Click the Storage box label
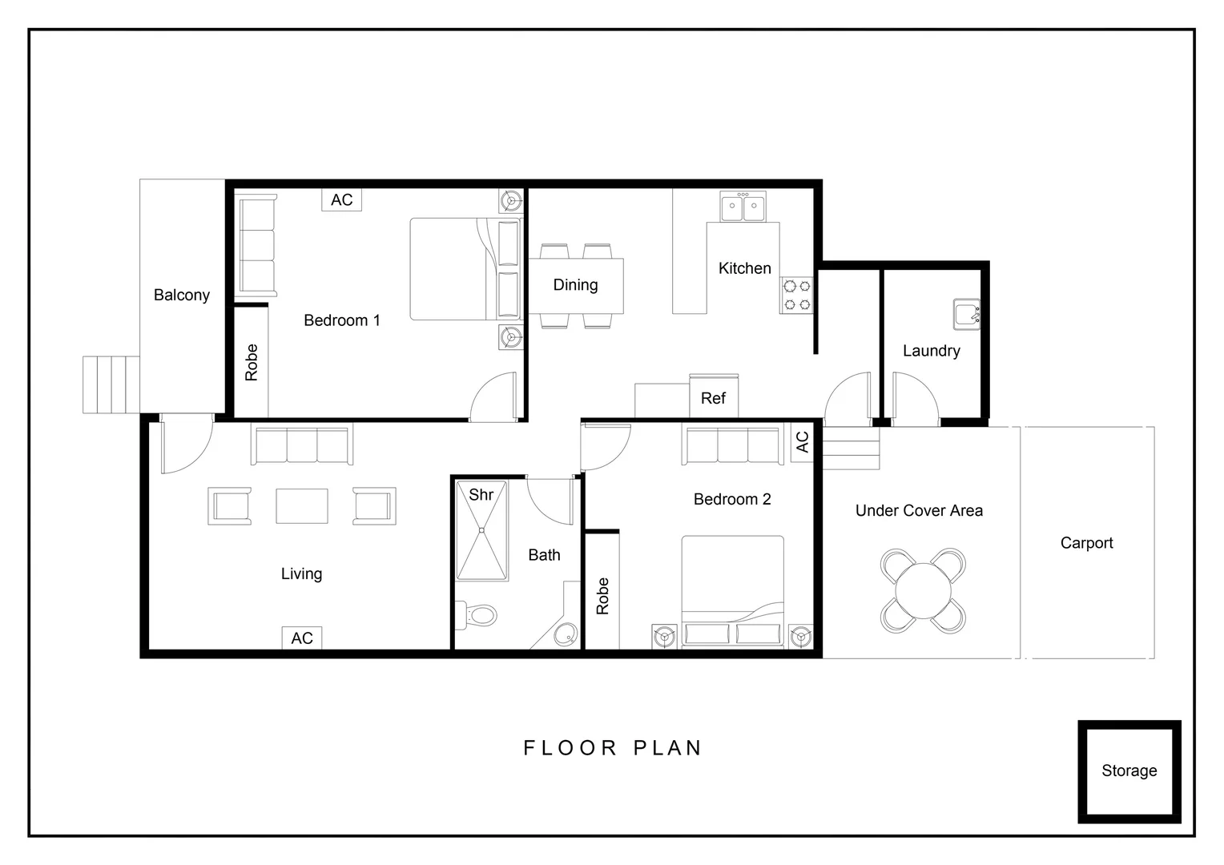click(1129, 770)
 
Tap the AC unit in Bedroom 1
click(341, 199)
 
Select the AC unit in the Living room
click(302, 638)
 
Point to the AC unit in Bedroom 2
click(803, 441)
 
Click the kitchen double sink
click(743, 207)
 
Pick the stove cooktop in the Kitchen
click(797, 295)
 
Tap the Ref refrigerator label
click(713, 398)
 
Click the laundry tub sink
click(967, 314)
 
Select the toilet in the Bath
click(477, 615)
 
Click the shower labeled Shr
click(481, 529)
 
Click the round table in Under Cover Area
click(923, 591)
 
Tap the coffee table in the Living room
click(302, 506)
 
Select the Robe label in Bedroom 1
click(252, 362)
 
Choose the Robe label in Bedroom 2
click(602, 596)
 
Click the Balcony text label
click(182, 295)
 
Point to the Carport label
click(1086, 543)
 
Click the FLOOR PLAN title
click(613, 748)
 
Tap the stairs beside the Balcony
click(111, 384)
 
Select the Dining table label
click(575, 284)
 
